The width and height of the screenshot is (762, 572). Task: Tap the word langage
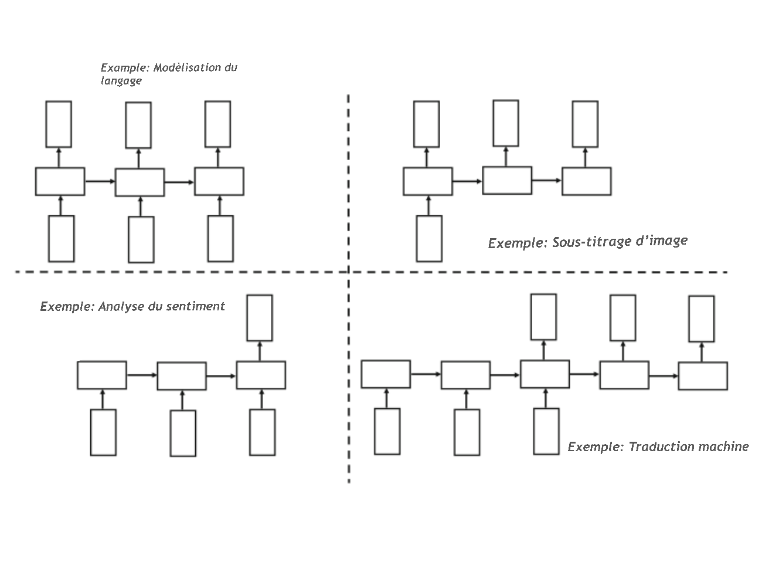tap(121, 80)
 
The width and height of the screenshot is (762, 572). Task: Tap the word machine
tap(727, 446)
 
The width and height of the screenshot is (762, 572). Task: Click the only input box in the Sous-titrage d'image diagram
tap(429, 238)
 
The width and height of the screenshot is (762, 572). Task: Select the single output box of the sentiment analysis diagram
tap(260, 317)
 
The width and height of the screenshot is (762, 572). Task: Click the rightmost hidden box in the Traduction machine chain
tap(703, 375)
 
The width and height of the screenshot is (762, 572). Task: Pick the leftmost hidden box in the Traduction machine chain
tap(386, 375)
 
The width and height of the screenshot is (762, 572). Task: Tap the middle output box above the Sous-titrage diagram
tap(505, 123)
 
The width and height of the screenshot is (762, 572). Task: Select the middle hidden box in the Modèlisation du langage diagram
tap(140, 182)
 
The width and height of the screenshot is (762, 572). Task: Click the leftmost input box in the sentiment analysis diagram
tap(103, 432)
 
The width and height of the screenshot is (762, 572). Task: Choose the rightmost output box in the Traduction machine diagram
tap(701, 319)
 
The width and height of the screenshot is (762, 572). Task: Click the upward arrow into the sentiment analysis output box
tap(260, 351)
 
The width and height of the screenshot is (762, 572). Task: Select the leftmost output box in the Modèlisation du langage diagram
tap(59, 124)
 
